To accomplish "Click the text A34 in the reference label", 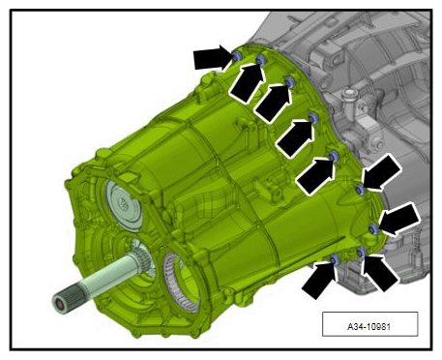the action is [x=354, y=327].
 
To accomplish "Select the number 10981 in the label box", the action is [x=377, y=327].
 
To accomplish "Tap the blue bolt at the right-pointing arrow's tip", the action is [x=236, y=56].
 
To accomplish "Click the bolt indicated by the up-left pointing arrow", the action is [x=361, y=252].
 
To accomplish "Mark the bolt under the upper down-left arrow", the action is [x=360, y=190].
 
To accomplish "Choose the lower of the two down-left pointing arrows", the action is [x=399, y=219].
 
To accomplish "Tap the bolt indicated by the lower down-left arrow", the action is [x=373, y=229].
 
